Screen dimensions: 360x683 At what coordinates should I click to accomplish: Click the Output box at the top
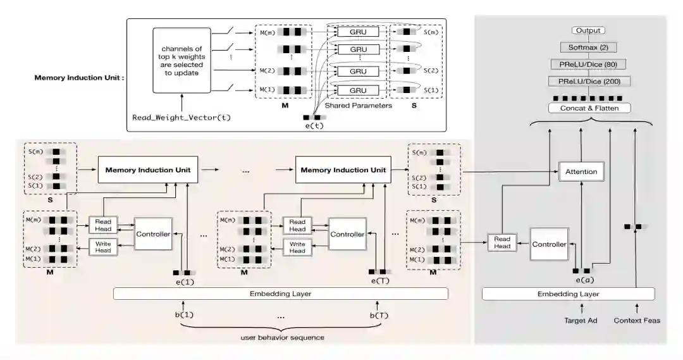point(588,30)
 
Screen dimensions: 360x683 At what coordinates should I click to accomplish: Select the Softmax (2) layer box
point(588,47)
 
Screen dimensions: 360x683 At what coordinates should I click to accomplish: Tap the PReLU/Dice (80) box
point(588,64)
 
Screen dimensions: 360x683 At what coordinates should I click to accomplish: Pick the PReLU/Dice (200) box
point(588,81)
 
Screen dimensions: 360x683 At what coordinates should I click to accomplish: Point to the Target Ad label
point(580,320)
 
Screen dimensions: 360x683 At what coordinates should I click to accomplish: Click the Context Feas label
point(637,320)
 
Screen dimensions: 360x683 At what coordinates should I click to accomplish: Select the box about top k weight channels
point(181,61)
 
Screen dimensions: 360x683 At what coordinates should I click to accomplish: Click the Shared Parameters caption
point(358,106)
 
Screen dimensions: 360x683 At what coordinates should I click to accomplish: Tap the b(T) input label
point(378,315)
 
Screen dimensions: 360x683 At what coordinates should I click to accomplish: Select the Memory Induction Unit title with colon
point(79,78)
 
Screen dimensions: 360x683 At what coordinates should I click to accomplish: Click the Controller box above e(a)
point(548,244)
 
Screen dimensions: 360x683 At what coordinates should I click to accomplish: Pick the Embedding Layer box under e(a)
point(568,294)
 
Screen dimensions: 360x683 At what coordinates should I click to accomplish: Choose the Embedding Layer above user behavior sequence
point(281,294)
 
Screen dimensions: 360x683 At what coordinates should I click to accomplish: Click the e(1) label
point(185,281)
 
